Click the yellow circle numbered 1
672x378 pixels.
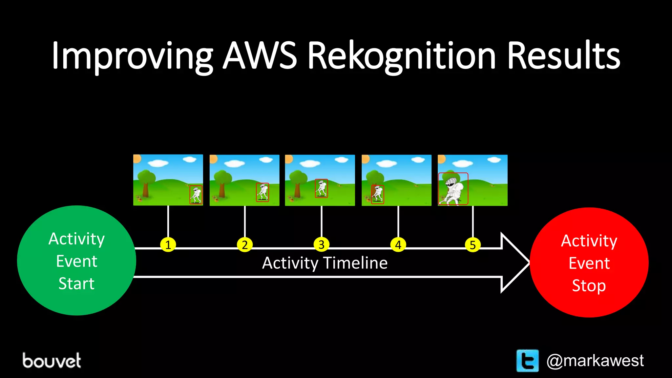point(168,245)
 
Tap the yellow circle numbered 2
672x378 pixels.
point(245,245)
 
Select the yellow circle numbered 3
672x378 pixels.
point(322,245)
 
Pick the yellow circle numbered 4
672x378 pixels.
point(398,245)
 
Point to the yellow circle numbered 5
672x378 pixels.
point(473,245)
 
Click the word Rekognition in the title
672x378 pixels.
point(402,56)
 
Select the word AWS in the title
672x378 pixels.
point(260,56)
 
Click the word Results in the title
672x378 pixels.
point(563,56)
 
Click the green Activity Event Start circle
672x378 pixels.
point(76,261)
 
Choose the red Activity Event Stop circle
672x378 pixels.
point(589,262)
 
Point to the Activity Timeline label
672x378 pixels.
point(325,263)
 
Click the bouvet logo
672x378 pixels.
point(52,361)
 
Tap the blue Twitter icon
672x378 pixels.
point(527,361)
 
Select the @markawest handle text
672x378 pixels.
point(595,361)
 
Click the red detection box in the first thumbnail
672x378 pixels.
point(196,195)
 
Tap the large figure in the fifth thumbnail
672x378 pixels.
point(453,190)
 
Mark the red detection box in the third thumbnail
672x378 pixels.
point(321,188)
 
